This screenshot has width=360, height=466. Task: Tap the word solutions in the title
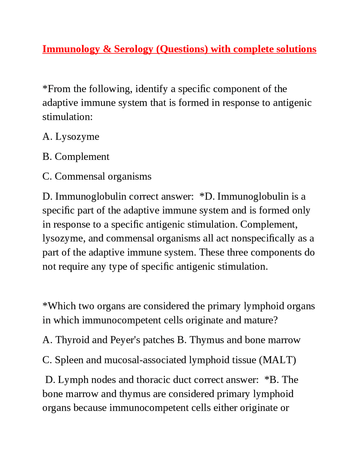pos(296,49)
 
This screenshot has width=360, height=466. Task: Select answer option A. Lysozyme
pos(71,137)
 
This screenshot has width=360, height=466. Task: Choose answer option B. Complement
pos(76,157)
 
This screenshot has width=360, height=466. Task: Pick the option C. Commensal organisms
pos(97,176)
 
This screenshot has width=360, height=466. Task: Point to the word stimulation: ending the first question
pos(67,117)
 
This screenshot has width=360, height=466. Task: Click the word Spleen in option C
pos(69,360)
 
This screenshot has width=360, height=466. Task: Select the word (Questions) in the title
pos(182,49)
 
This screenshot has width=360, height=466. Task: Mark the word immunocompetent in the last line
pos(160,408)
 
